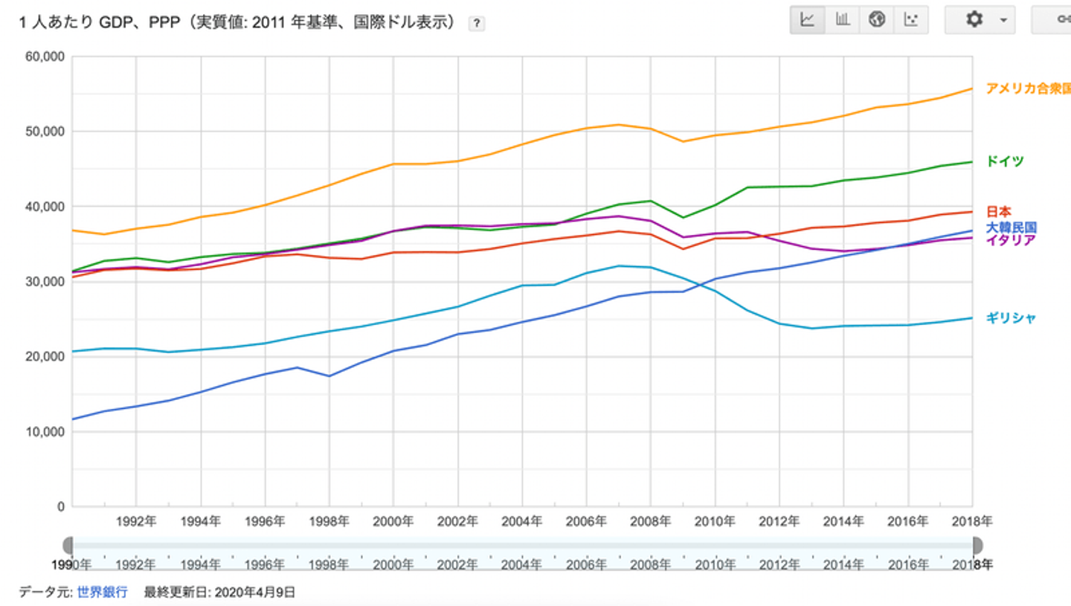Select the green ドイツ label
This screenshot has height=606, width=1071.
coord(1005,161)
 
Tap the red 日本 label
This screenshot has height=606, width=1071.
coord(999,212)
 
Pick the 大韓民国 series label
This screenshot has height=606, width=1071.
coord(1011,228)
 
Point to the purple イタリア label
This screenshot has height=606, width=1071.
coord(1010,240)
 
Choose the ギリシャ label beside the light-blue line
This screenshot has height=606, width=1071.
coord(1011,318)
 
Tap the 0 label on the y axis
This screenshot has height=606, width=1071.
coord(62,507)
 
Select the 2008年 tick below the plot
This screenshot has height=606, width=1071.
coord(651,521)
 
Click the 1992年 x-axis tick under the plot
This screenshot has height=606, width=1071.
coord(136,521)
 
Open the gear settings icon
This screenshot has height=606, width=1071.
coord(974,20)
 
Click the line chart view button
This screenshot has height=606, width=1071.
coord(808,20)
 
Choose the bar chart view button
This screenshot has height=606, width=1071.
coord(842,20)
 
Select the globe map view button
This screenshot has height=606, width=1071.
coord(877,20)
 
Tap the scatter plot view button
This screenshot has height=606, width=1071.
coord(911,20)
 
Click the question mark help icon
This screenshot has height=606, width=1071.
coord(477,24)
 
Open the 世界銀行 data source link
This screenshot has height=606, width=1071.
coord(103,593)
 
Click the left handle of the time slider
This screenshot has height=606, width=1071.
coord(68,545)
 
